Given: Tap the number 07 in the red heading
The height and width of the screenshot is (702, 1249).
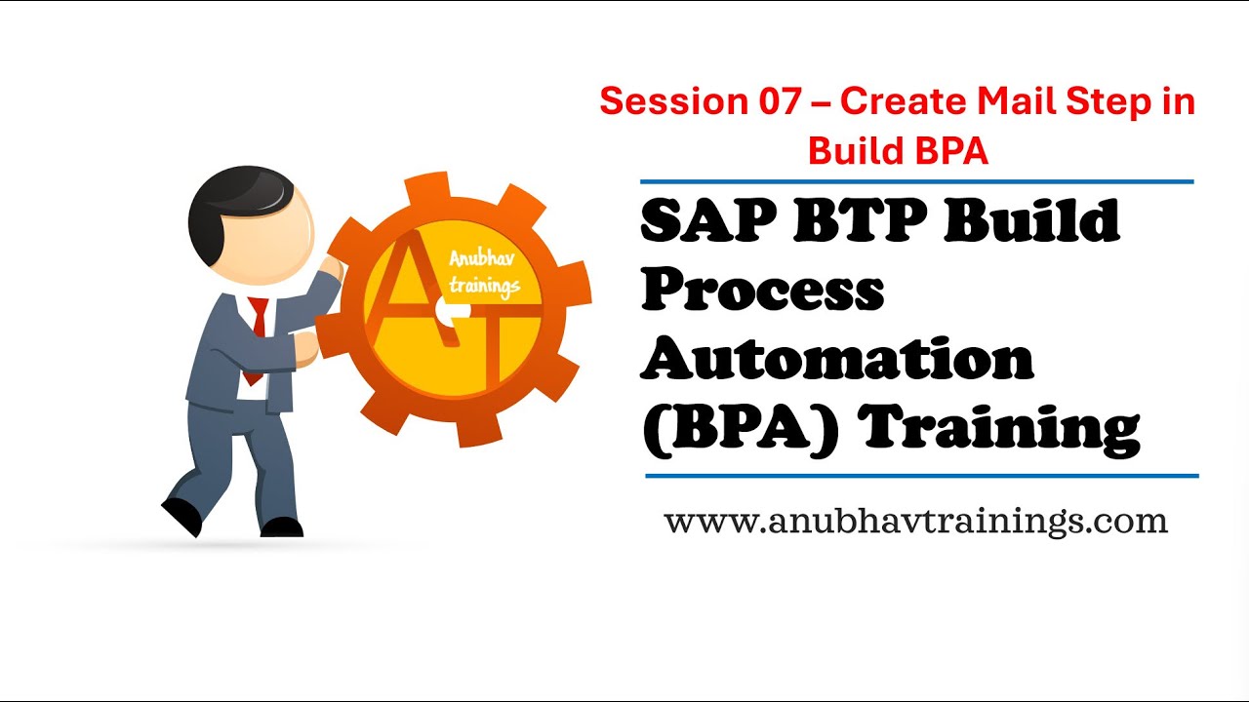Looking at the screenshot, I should [776, 101].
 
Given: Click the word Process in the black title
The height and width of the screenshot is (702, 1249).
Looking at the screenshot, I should [762, 290].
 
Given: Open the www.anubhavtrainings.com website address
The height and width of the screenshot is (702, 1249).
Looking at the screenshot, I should [915, 521].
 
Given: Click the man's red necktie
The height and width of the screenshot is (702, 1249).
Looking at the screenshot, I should [258, 331].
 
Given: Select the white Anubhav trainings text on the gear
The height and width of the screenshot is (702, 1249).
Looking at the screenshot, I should [484, 272].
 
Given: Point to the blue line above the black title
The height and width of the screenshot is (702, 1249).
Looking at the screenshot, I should [916, 181].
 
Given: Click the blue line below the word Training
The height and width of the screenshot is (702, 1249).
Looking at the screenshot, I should [921, 476].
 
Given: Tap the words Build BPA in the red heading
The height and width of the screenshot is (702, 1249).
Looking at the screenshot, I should [898, 150].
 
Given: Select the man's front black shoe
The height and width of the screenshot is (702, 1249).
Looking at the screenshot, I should [281, 526].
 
